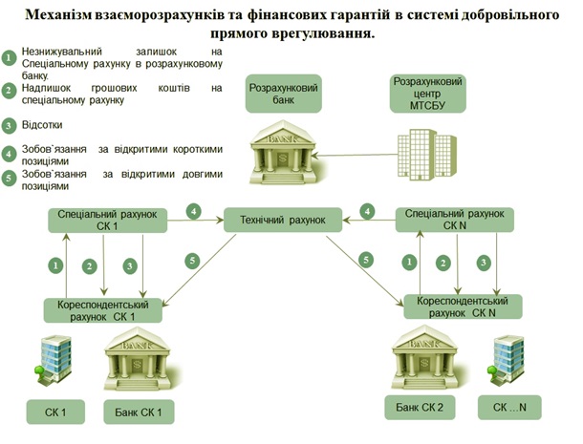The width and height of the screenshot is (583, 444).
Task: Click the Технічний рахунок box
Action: tap(283, 221)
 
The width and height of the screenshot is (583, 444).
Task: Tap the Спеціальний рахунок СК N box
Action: tap(455, 220)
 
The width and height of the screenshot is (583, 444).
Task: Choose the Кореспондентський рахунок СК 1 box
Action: tap(102, 309)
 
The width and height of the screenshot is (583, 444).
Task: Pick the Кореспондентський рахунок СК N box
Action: tap(462, 307)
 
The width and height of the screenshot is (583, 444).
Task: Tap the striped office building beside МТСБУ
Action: tap(426, 154)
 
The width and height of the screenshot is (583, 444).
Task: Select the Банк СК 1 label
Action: tap(139, 412)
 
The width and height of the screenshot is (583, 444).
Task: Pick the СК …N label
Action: tap(515, 408)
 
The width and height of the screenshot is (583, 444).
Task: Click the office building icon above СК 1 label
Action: tap(53, 361)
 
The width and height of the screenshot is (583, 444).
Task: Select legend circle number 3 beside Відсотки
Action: tap(10, 124)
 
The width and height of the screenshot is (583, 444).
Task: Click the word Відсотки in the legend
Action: tap(41, 124)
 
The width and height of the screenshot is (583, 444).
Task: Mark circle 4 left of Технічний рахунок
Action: tap(194, 210)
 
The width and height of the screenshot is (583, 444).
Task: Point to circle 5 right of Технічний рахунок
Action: tap(366, 259)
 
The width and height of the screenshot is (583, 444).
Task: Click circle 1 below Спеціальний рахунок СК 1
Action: tap(56, 264)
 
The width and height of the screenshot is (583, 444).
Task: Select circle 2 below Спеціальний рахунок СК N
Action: tap(443, 262)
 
